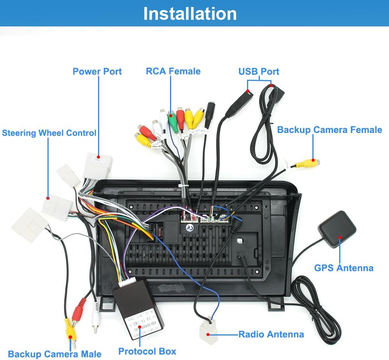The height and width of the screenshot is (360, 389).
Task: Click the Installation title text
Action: point(190,14)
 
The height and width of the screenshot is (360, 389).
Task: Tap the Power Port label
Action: point(97,72)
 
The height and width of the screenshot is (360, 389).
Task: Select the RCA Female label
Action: point(173,71)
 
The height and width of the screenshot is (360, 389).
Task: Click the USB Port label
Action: point(259,72)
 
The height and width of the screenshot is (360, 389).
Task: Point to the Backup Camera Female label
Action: point(329,130)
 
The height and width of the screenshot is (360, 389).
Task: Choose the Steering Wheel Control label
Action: point(49,133)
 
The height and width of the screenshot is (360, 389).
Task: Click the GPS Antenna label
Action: point(343,268)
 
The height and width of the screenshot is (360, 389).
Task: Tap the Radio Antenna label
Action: point(271,334)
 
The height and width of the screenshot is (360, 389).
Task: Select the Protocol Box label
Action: point(147,351)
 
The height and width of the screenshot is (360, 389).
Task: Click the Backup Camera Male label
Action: point(54,354)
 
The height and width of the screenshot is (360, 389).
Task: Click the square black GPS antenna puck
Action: point(337,229)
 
